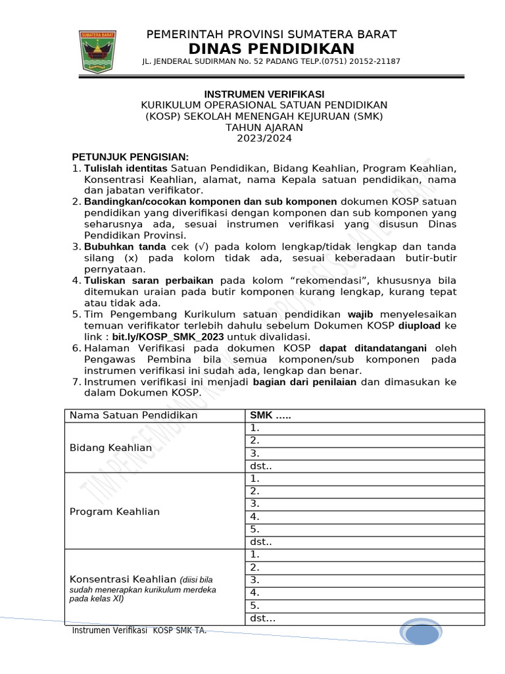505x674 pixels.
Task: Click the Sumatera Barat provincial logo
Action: click(97, 51)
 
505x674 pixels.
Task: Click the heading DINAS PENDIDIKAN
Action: click(271, 49)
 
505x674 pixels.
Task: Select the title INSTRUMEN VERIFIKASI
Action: click(264, 94)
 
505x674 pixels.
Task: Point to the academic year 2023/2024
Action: click(264, 138)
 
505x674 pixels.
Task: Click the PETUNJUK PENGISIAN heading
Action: click(130, 157)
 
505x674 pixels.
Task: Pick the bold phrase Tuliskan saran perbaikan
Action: click(149, 280)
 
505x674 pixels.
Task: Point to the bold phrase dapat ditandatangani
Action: click(373, 348)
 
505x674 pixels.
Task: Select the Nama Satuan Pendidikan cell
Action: click(133, 415)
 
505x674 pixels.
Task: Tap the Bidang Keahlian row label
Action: click(110, 448)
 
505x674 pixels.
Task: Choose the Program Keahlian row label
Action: click(114, 511)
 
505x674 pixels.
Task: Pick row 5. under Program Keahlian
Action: click(255, 529)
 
